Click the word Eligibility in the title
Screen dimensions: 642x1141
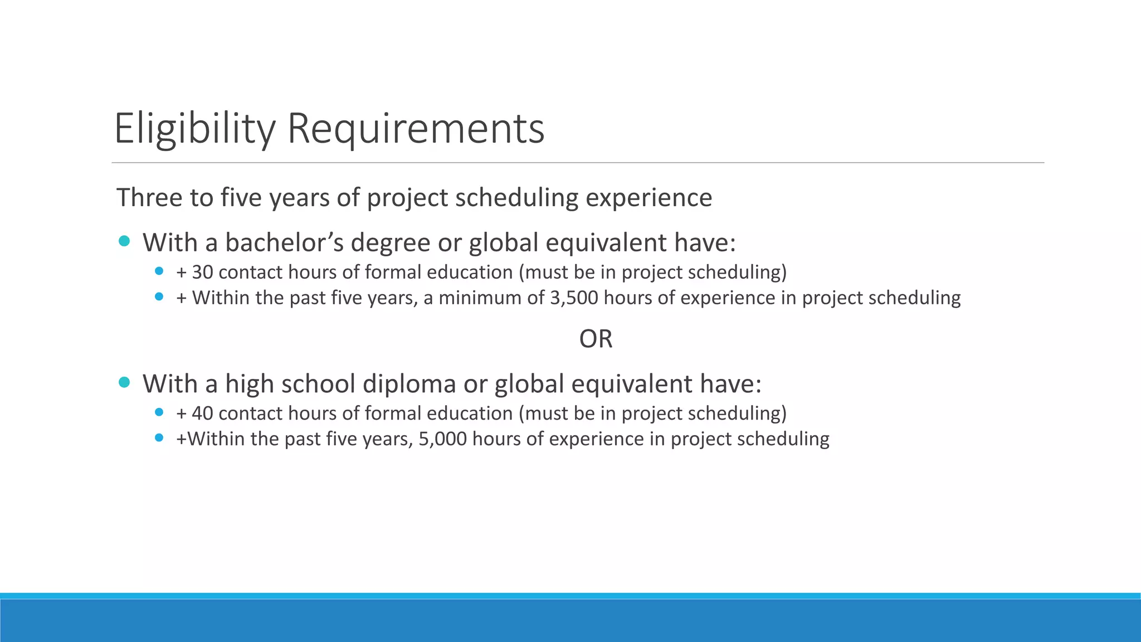click(194, 129)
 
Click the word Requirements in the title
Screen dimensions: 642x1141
click(416, 129)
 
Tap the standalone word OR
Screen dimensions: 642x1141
click(596, 339)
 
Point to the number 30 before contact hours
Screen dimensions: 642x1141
click(202, 273)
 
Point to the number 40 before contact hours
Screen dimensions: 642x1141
click(202, 414)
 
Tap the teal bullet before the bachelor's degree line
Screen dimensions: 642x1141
click(124, 241)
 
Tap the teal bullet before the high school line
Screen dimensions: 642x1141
click(124, 382)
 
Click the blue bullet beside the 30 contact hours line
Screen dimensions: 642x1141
click(159, 271)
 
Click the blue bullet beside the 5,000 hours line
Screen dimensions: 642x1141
click(159, 438)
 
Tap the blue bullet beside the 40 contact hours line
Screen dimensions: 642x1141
click(159, 412)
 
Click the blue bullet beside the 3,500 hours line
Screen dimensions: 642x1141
click(159, 297)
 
